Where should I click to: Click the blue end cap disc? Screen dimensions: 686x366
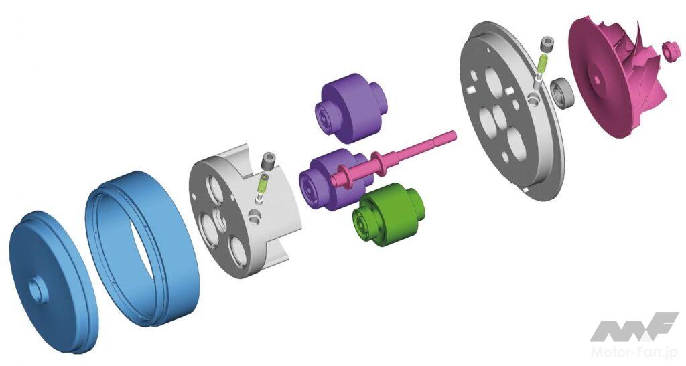[52, 282]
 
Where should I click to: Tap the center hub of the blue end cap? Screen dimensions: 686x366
[37, 291]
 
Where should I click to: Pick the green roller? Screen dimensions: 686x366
[388, 213]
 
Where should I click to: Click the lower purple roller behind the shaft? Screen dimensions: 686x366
[332, 179]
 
